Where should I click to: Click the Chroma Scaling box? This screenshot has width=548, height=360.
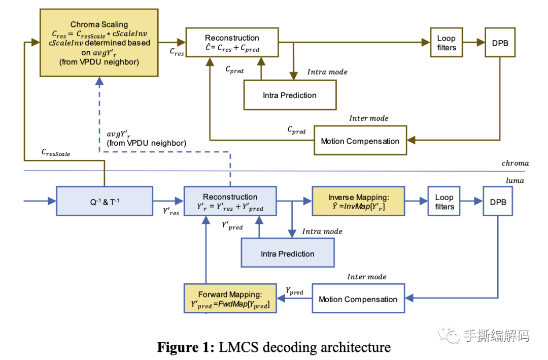(99, 43)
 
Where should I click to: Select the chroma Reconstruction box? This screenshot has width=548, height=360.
(232, 43)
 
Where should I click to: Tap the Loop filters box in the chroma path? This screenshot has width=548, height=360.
(446, 43)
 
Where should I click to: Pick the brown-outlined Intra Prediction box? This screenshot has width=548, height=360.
(289, 95)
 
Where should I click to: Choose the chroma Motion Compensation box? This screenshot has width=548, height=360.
(360, 141)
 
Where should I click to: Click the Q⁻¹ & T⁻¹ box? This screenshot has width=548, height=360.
(104, 201)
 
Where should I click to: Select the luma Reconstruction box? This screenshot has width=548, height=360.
(230, 202)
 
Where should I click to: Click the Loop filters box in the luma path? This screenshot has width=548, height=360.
(444, 202)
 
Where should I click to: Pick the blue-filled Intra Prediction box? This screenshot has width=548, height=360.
(288, 253)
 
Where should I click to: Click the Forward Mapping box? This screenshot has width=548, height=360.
(230, 299)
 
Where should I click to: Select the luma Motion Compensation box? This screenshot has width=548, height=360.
(358, 299)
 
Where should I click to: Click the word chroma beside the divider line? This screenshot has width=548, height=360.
(515, 163)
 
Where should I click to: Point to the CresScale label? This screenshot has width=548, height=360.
(56, 152)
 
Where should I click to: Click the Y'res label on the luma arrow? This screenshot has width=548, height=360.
(170, 211)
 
